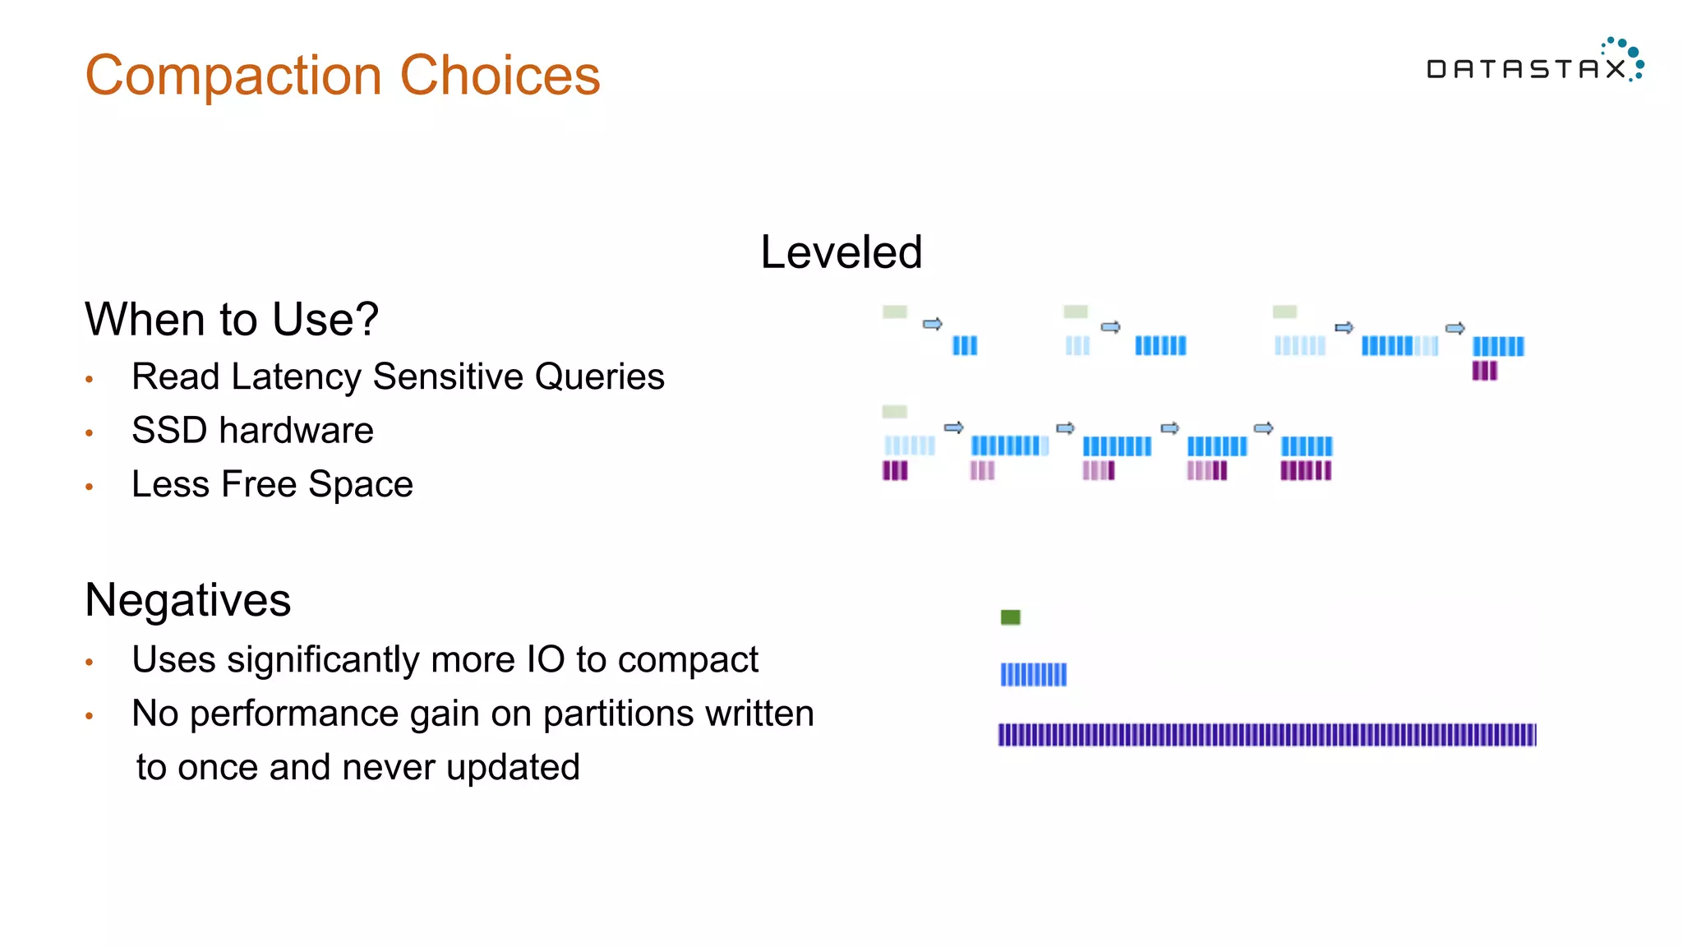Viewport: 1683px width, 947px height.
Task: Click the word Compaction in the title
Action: click(x=233, y=76)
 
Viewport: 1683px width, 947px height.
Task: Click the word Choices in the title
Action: click(x=500, y=76)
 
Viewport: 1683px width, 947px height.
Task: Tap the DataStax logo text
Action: click(x=1526, y=69)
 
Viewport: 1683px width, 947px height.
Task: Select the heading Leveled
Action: click(x=841, y=252)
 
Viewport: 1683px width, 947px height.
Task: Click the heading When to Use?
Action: click(x=232, y=319)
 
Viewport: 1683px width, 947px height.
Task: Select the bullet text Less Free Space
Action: click(x=272, y=484)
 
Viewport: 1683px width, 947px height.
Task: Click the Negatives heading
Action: click(x=187, y=599)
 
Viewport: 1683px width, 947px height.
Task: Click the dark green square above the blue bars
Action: click(x=1010, y=617)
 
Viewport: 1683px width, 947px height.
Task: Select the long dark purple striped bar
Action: click(x=1266, y=734)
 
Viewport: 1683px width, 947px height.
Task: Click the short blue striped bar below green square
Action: click(x=1033, y=675)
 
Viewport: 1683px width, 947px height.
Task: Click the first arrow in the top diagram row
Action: click(x=932, y=324)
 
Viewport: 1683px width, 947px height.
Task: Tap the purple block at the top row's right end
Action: click(x=1484, y=371)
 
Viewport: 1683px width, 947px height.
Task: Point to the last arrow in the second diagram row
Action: click(x=1264, y=427)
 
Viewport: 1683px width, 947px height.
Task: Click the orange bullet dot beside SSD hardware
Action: click(x=90, y=432)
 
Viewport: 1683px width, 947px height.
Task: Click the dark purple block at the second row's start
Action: click(x=894, y=470)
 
